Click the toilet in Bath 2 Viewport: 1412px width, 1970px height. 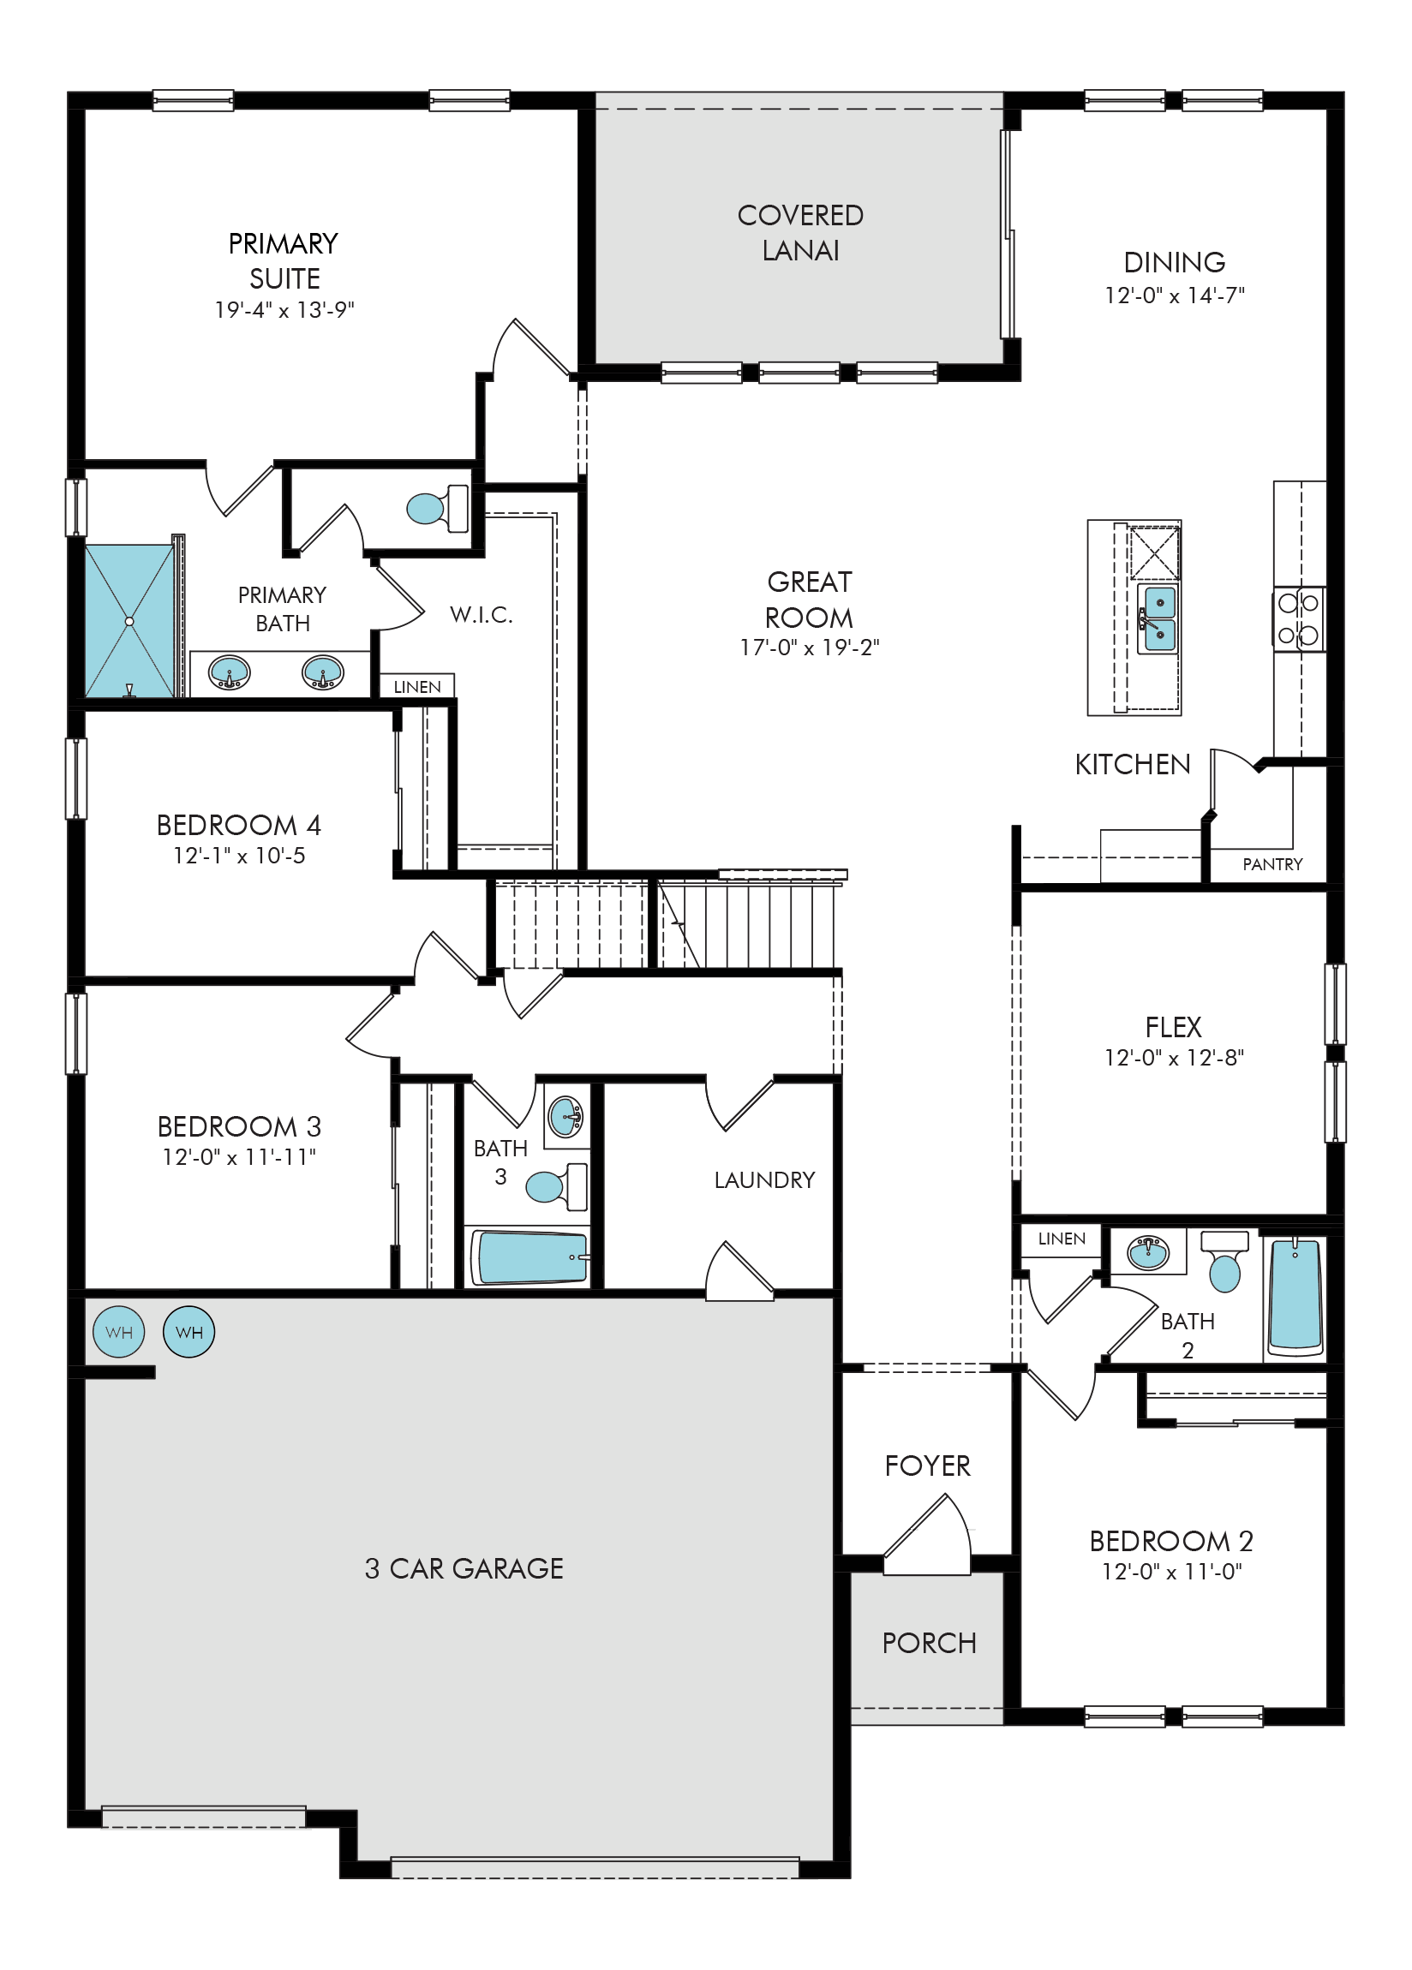[x=1224, y=1259]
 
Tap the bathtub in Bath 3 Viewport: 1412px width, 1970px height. [x=530, y=1257]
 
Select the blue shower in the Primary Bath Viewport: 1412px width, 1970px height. [x=130, y=620]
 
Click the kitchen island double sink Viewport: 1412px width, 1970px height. [x=1159, y=618]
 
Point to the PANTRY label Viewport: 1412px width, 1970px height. [x=1272, y=864]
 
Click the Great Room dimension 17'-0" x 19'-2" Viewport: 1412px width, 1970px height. [x=809, y=648]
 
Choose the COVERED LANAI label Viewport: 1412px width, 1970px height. [x=800, y=233]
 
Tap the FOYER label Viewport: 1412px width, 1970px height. [x=927, y=1466]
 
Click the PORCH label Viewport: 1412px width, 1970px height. [x=929, y=1643]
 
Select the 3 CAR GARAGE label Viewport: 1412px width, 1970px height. [x=464, y=1567]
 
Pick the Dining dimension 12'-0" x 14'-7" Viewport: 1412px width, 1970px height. [x=1174, y=295]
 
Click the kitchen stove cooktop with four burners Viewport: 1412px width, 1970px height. [x=1299, y=618]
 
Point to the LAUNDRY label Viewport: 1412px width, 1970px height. [x=764, y=1179]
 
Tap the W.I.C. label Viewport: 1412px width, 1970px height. [x=482, y=615]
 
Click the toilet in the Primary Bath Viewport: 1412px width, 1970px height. [x=437, y=507]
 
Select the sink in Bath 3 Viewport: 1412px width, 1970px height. [x=565, y=1117]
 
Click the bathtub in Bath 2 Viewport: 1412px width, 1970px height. [x=1295, y=1297]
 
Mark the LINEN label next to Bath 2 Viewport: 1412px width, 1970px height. [x=1062, y=1239]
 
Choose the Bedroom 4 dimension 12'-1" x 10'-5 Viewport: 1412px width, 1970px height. [x=239, y=856]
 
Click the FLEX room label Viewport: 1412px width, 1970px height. [x=1173, y=1027]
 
